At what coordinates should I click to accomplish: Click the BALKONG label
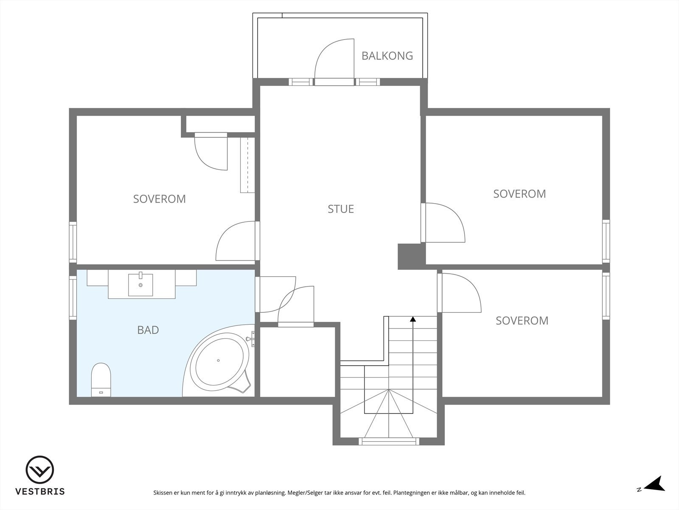(387, 56)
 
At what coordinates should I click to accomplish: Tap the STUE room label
(341, 209)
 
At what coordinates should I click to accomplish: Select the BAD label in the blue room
(148, 330)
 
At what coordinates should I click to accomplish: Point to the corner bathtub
(219, 361)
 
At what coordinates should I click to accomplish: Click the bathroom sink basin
(140, 284)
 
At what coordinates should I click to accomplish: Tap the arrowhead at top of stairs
(413, 319)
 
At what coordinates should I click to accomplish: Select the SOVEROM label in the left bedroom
(159, 199)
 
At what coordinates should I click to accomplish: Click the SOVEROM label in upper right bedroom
(519, 194)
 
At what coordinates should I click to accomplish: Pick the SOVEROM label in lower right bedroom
(522, 320)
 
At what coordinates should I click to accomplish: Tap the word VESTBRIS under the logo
(40, 492)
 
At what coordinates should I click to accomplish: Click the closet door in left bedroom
(211, 152)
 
